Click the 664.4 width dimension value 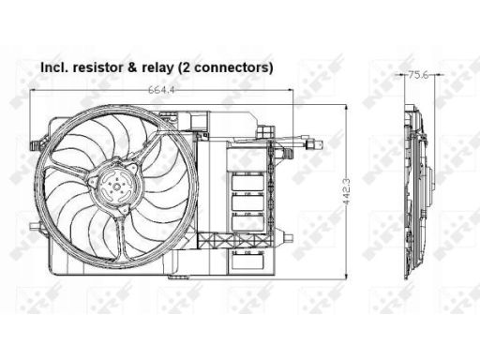(x=161, y=90)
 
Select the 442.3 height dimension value (x=346, y=192)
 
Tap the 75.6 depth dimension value (x=418, y=75)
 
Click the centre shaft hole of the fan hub (x=116, y=187)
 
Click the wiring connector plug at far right (x=314, y=144)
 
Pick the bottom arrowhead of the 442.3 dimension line (x=346, y=276)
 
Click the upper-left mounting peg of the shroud (x=35, y=144)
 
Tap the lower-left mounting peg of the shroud (x=35, y=227)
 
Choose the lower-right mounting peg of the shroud (x=289, y=237)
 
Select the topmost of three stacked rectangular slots (x=247, y=182)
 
